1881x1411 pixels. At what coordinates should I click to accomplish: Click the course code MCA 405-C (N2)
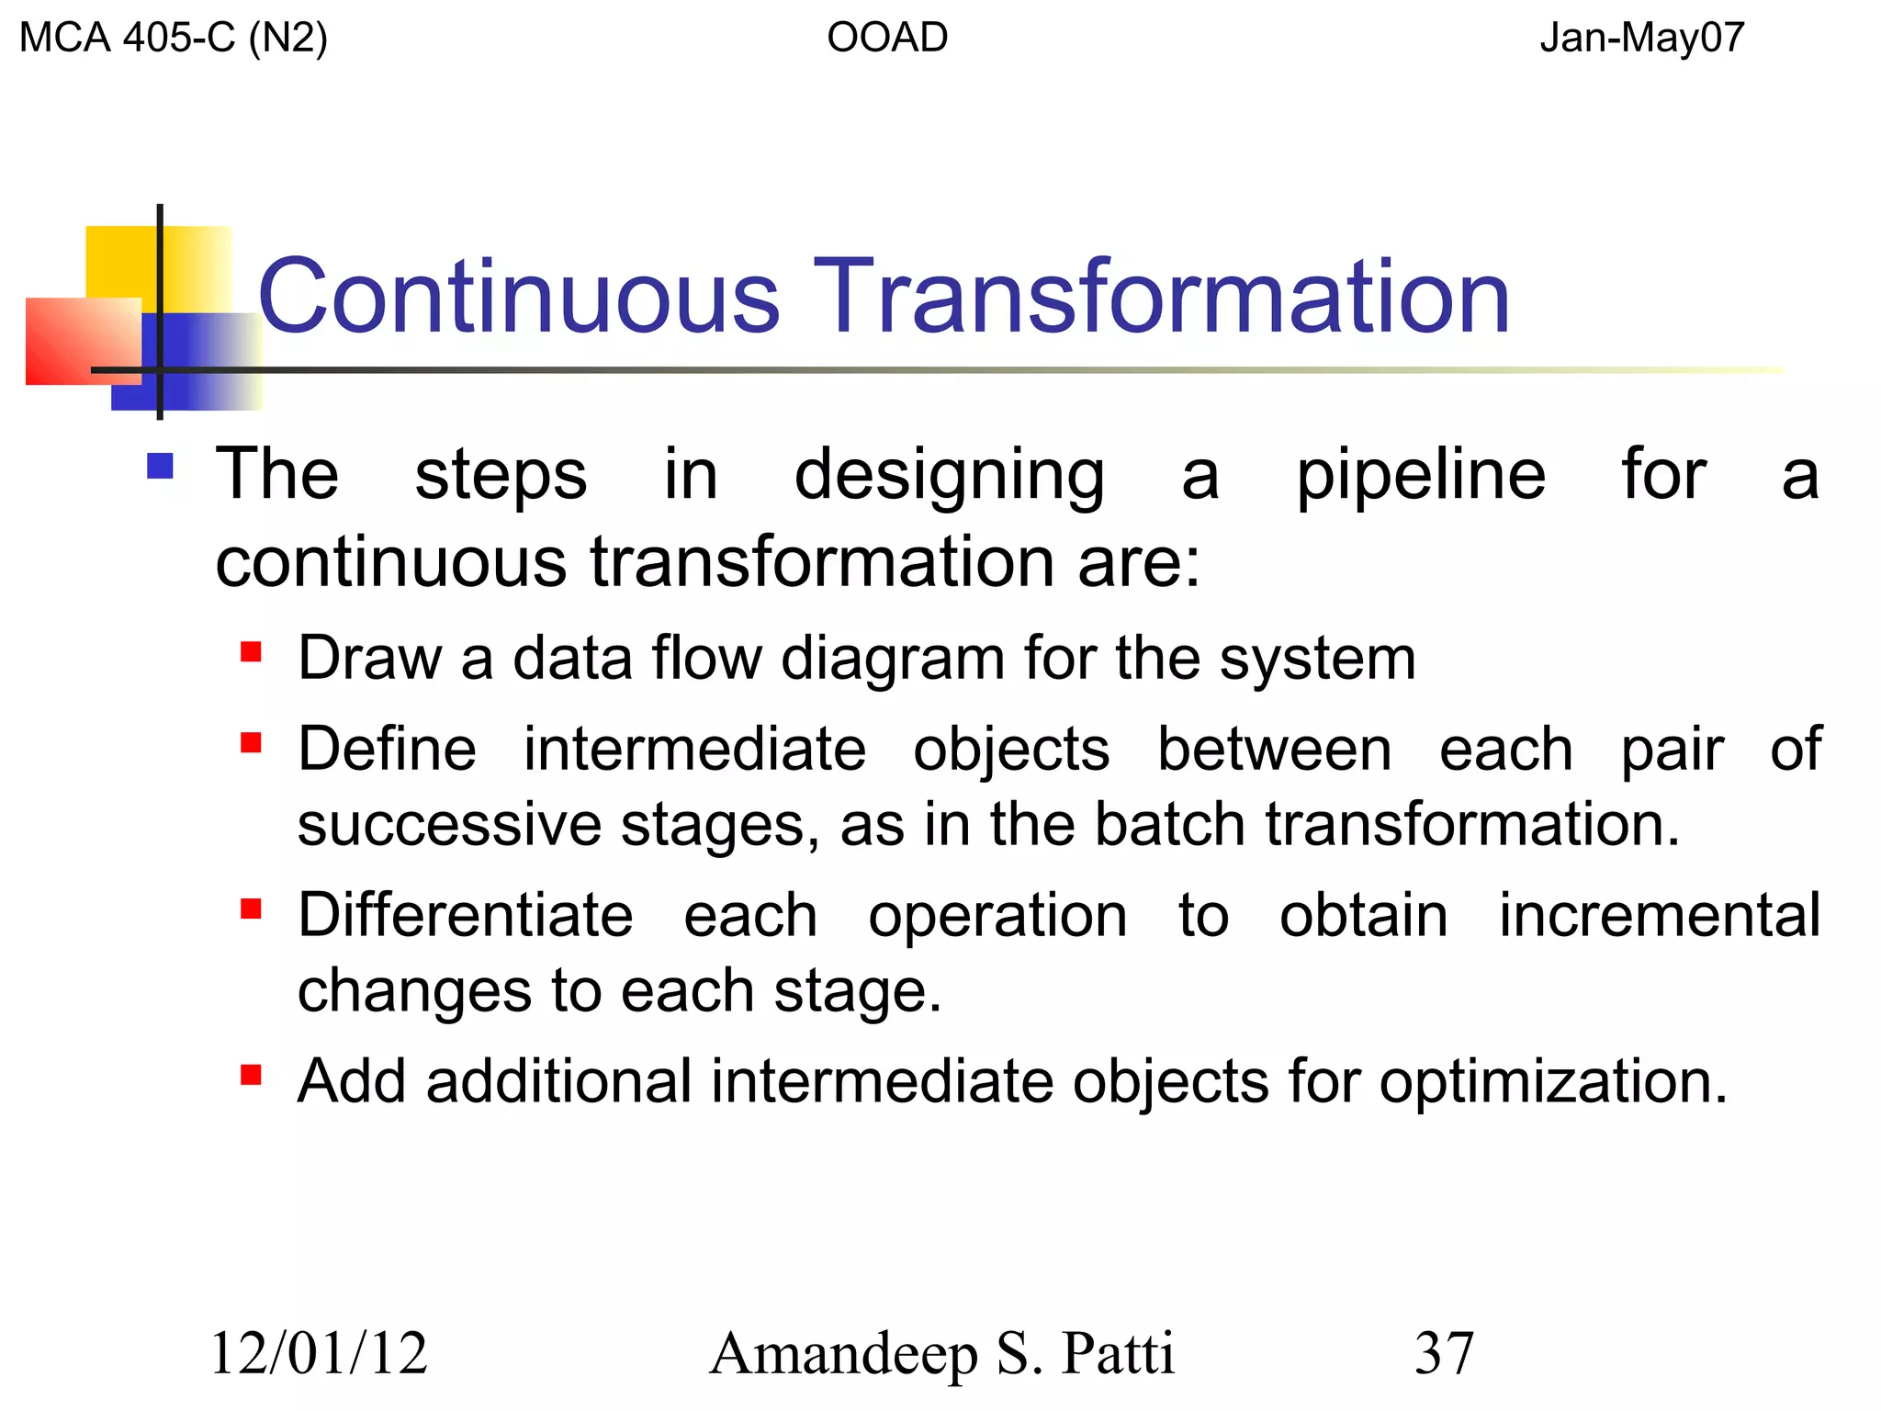point(173,39)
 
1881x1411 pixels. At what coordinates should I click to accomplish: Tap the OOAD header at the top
point(886,39)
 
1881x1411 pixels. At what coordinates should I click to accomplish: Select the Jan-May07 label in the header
point(1641,39)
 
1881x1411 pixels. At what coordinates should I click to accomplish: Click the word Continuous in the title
point(519,297)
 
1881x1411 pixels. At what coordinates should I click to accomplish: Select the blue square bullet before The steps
point(161,467)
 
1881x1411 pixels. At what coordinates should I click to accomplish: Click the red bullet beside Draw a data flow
point(251,652)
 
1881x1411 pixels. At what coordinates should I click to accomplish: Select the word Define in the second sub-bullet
point(388,750)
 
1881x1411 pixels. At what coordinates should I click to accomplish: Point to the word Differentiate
point(466,916)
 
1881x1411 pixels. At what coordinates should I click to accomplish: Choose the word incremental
point(1659,916)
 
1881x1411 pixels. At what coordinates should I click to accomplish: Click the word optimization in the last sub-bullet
point(1552,1082)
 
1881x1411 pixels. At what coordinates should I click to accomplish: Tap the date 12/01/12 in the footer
point(319,1354)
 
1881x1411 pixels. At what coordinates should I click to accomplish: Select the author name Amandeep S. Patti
point(941,1354)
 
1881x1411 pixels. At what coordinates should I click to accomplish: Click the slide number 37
point(1444,1354)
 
